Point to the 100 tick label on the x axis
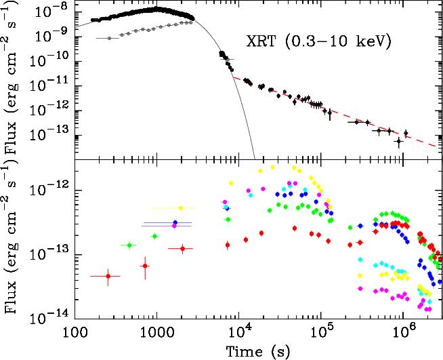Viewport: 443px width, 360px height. tap(75, 332)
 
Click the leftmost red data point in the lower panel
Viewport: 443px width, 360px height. tap(108, 276)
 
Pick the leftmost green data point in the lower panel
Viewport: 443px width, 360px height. tap(129, 245)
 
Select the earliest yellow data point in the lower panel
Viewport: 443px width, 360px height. tap(181, 208)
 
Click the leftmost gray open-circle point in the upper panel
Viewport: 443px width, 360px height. tap(109, 38)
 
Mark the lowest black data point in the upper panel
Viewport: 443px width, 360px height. tap(399, 142)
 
